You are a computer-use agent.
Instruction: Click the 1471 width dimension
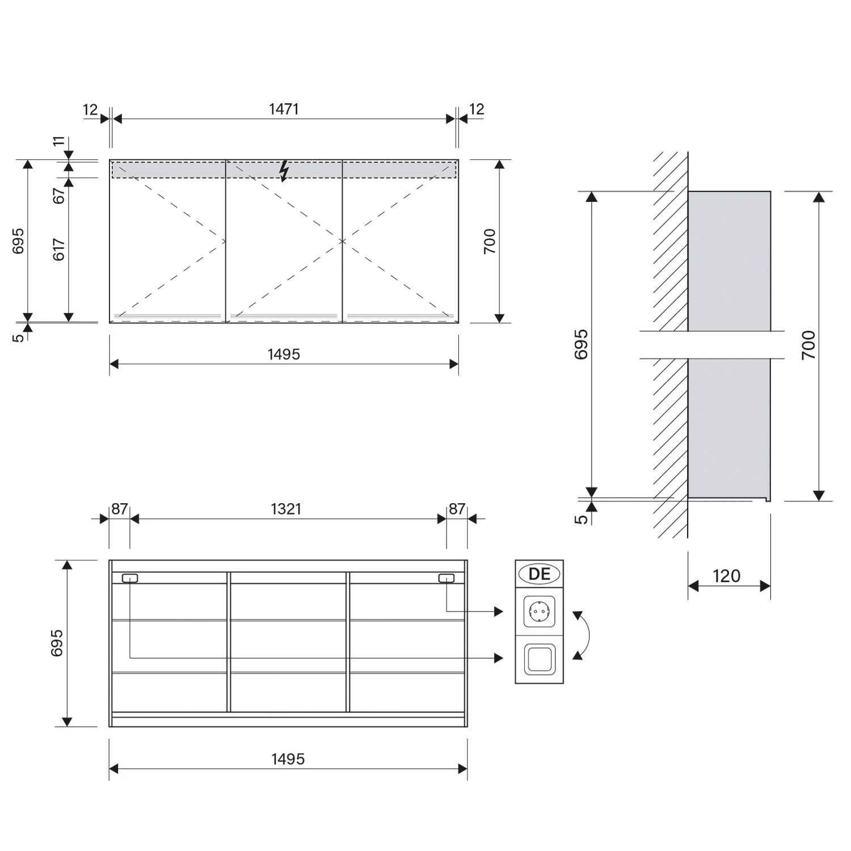284,109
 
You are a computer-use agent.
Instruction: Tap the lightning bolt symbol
284,171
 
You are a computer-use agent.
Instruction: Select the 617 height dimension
59,250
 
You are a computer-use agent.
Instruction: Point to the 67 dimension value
59,196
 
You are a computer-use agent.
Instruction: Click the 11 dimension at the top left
59,141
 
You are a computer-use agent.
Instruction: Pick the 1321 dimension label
286,509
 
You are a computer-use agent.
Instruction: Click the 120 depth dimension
727,576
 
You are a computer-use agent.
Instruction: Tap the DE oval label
539,574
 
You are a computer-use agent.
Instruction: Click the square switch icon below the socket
539,659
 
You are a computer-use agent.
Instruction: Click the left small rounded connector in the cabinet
129,578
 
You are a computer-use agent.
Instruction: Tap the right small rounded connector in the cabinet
446,578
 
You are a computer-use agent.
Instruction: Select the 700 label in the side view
808,345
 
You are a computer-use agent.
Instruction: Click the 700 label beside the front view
490,241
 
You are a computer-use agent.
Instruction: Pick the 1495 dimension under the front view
284,355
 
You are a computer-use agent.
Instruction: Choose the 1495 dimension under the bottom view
288,759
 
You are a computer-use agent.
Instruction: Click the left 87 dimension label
119,509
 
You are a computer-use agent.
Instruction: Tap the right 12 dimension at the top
477,109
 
